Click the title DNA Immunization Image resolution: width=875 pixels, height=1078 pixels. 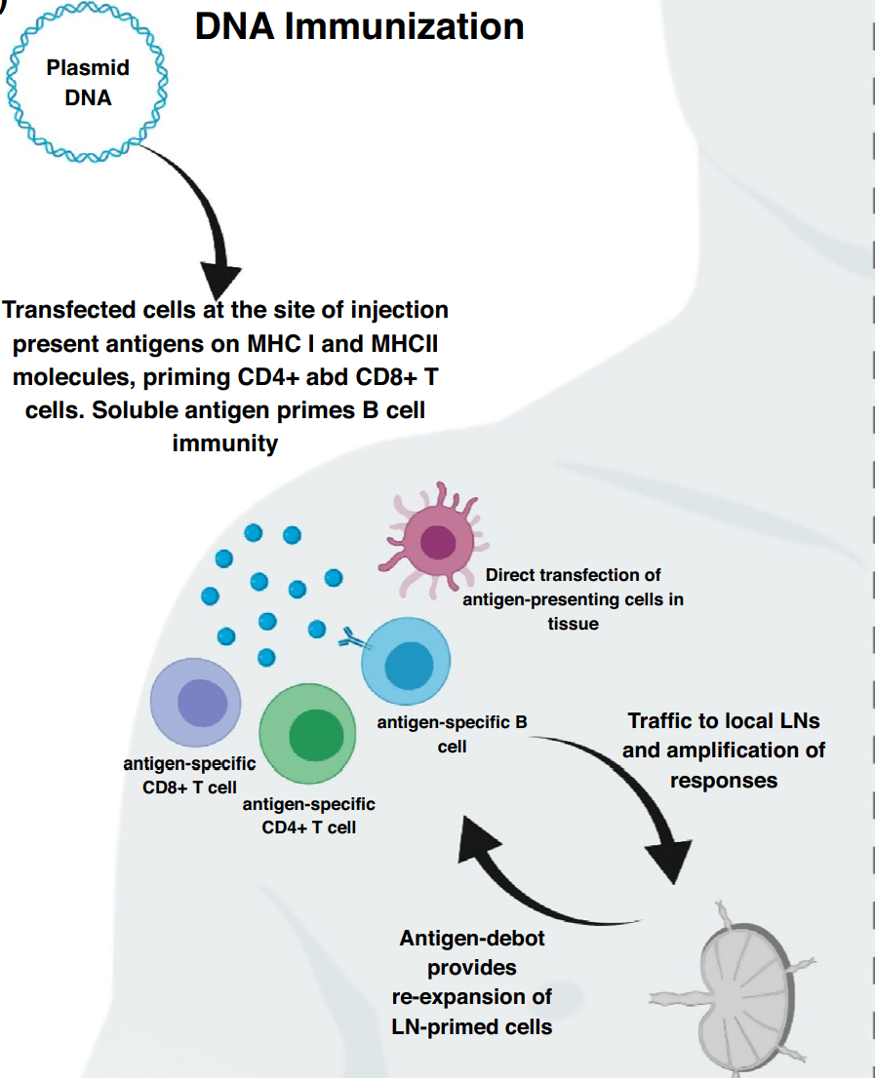tap(359, 27)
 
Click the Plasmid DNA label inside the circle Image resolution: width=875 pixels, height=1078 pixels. tap(88, 83)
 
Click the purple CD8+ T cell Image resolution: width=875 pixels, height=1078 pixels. tap(196, 703)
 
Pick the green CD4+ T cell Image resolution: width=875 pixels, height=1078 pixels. tap(307, 734)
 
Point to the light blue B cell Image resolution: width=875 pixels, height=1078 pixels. tap(407, 661)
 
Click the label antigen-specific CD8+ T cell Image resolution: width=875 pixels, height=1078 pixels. tap(189, 776)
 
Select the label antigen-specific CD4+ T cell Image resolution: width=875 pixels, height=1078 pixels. tap(309, 816)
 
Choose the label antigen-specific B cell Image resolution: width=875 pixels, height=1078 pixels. tap(452, 734)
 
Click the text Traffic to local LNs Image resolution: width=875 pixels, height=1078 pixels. tap(724, 720)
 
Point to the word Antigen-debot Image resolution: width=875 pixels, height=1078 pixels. tap(472, 938)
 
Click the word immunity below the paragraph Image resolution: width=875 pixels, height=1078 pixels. tap(225, 443)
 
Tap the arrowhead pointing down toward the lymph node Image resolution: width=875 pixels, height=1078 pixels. tap(668, 860)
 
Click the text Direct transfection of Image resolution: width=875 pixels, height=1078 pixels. tap(573, 575)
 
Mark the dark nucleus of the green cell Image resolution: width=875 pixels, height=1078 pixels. tap(316, 735)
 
